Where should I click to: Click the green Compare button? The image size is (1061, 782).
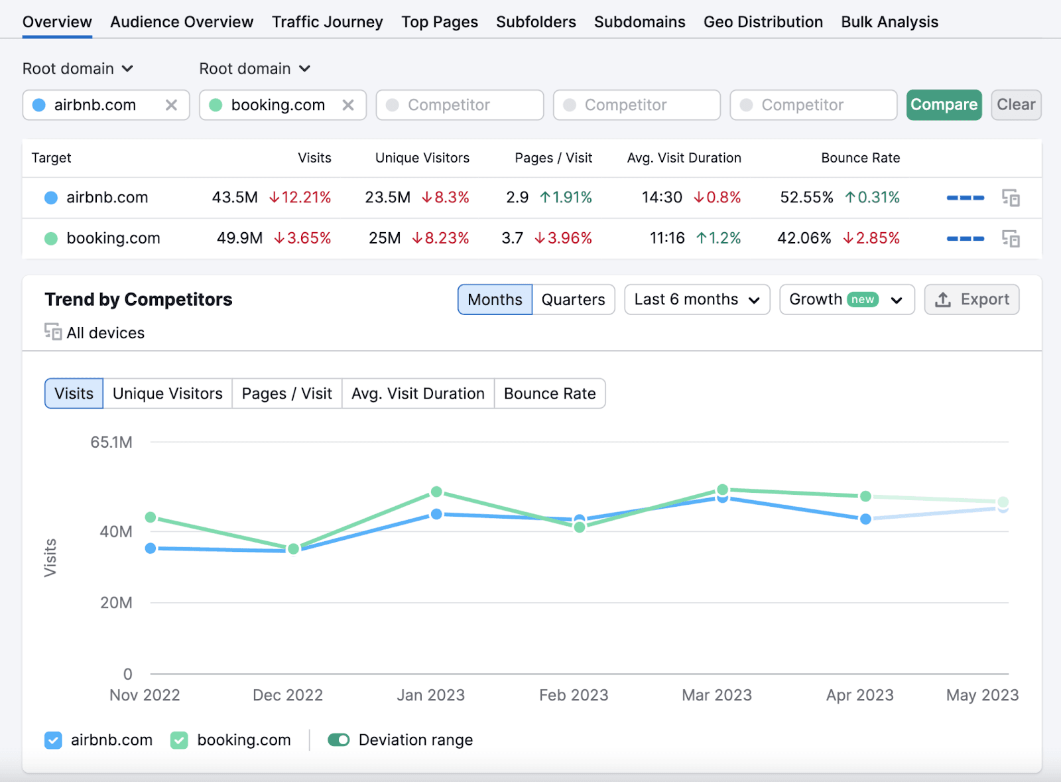pyautogui.click(x=943, y=105)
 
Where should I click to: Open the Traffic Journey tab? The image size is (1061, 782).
pyautogui.click(x=327, y=22)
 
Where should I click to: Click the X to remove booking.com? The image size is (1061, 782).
pyautogui.click(x=348, y=105)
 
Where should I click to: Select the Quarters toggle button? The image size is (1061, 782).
pyautogui.click(x=573, y=300)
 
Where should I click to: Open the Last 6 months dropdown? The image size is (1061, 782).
pyautogui.click(x=696, y=300)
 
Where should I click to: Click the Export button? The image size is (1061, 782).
pyautogui.click(x=971, y=300)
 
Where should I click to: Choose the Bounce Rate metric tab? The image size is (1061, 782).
pyautogui.click(x=550, y=394)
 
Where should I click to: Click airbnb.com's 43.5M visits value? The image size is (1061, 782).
pyautogui.click(x=235, y=198)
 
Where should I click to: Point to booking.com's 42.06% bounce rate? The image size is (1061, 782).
pyautogui.click(x=804, y=238)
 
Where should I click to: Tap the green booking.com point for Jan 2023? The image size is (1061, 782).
pyautogui.click(x=436, y=492)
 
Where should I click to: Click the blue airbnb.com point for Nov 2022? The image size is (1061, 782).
pyautogui.click(x=151, y=549)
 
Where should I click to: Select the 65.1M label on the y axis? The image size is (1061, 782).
pyautogui.click(x=111, y=442)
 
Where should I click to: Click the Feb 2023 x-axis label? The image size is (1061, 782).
pyautogui.click(x=574, y=695)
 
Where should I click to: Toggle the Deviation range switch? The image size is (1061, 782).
pyautogui.click(x=339, y=740)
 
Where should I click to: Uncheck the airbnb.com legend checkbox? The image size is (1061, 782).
pyautogui.click(x=53, y=740)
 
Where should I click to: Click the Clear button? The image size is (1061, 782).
pyautogui.click(x=1015, y=105)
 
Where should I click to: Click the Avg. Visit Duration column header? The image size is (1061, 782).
pyautogui.click(x=684, y=158)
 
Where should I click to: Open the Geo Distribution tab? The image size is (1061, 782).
pyautogui.click(x=763, y=22)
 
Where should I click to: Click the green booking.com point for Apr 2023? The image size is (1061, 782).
pyautogui.click(x=865, y=496)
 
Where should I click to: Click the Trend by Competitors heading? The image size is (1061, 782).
pyautogui.click(x=139, y=300)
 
